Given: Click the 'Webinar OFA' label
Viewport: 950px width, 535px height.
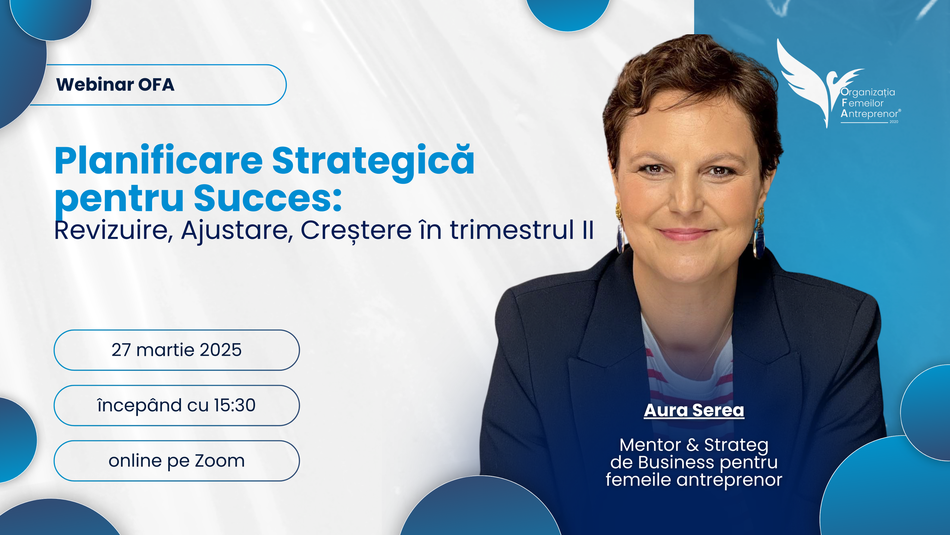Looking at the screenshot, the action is (x=115, y=84).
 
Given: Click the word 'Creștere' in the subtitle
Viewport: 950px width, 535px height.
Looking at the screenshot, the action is (x=356, y=231).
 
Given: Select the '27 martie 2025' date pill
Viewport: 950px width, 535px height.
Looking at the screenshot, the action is (x=177, y=350).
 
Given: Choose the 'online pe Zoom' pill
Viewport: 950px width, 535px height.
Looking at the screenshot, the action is (x=177, y=461).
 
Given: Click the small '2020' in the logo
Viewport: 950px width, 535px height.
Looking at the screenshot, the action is (x=894, y=122).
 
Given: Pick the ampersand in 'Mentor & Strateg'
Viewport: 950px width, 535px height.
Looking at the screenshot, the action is (x=693, y=445).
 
